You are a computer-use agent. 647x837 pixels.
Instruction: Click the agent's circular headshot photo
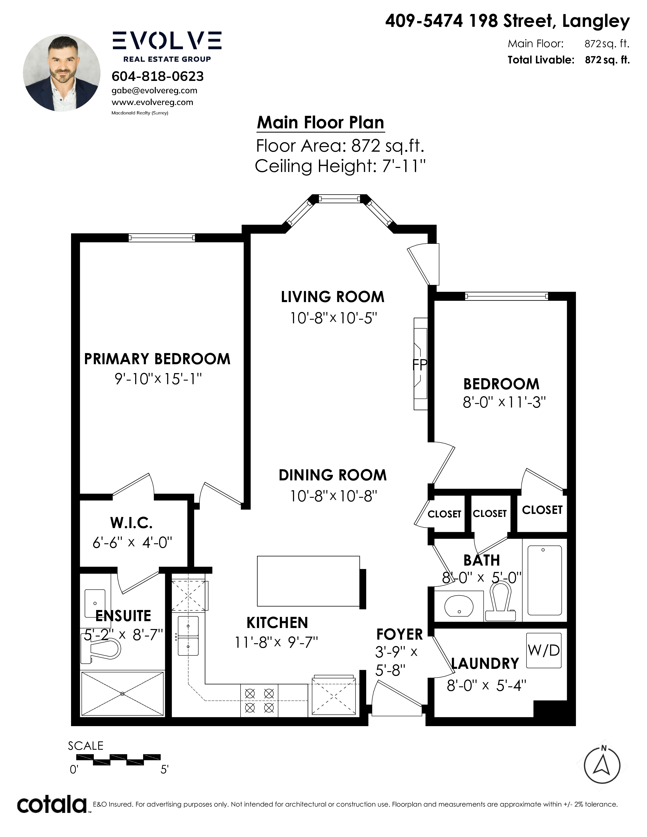point(62,73)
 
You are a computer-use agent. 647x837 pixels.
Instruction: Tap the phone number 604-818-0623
point(158,76)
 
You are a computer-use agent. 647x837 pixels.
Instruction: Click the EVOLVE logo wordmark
point(167,41)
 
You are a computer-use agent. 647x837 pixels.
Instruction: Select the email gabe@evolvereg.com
point(155,91)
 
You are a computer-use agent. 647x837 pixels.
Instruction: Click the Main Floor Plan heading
point(320,123)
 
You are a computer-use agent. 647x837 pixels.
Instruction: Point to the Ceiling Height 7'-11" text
point(340,166)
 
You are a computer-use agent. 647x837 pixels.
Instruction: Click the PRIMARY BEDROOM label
point(157,359)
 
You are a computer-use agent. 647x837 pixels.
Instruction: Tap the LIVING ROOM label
point(333,297)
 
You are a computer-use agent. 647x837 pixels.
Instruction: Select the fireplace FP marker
point(419,365)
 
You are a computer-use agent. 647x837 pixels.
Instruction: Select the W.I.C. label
point(131,523)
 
